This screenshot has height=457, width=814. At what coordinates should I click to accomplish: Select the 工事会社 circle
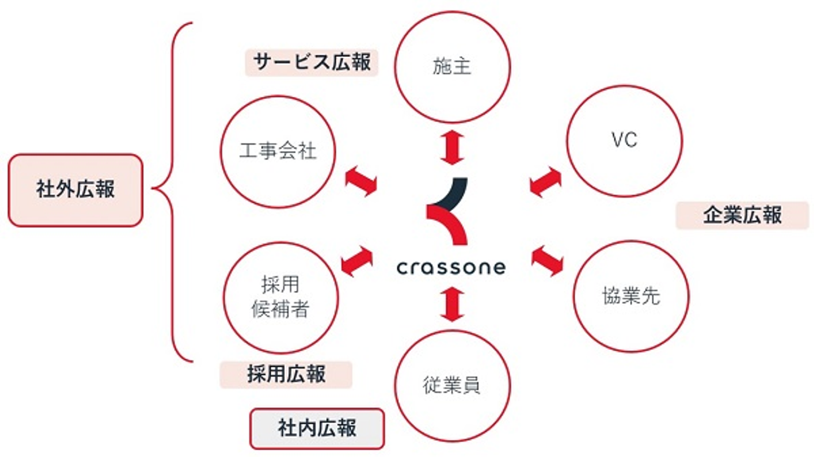point(278,151)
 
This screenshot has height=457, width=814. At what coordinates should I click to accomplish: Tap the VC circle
point(625,140)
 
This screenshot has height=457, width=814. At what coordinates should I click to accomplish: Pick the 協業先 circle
point(631,296)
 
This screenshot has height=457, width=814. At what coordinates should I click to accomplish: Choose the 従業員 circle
point(452,386)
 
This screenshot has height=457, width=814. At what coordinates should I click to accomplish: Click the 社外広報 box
point(75,190)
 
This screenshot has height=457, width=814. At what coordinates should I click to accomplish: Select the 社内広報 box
point(317,428)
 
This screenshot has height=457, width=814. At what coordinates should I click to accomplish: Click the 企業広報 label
point(742,215)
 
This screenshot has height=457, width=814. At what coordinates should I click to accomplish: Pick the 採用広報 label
point(286,375)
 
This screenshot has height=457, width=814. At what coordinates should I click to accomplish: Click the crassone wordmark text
point(451,267)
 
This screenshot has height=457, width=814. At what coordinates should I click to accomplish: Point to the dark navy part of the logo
point(455,192)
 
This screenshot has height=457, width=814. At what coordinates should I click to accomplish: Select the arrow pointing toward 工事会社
point(361,181)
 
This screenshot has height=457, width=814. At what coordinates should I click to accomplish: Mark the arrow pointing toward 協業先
point(547,260)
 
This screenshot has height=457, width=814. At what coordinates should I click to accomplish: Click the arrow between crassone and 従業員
point(452,303)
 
